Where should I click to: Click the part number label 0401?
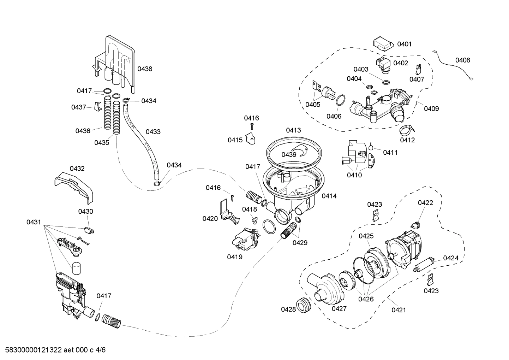(x=404, y=44)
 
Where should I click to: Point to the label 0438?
(x=145, y=69)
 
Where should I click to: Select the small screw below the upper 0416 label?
(x=252, y=126)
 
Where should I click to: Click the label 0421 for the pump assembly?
(x=399, y=310)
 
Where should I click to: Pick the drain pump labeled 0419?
(x=244, y=240)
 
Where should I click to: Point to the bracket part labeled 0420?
(x=228, y=212)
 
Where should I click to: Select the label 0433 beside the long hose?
(x=153, y=132)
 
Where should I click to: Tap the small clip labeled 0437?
(x=98, y=106)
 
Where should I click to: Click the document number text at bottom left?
(x=53, y=350)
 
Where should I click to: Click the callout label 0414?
(x=329, y=196)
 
